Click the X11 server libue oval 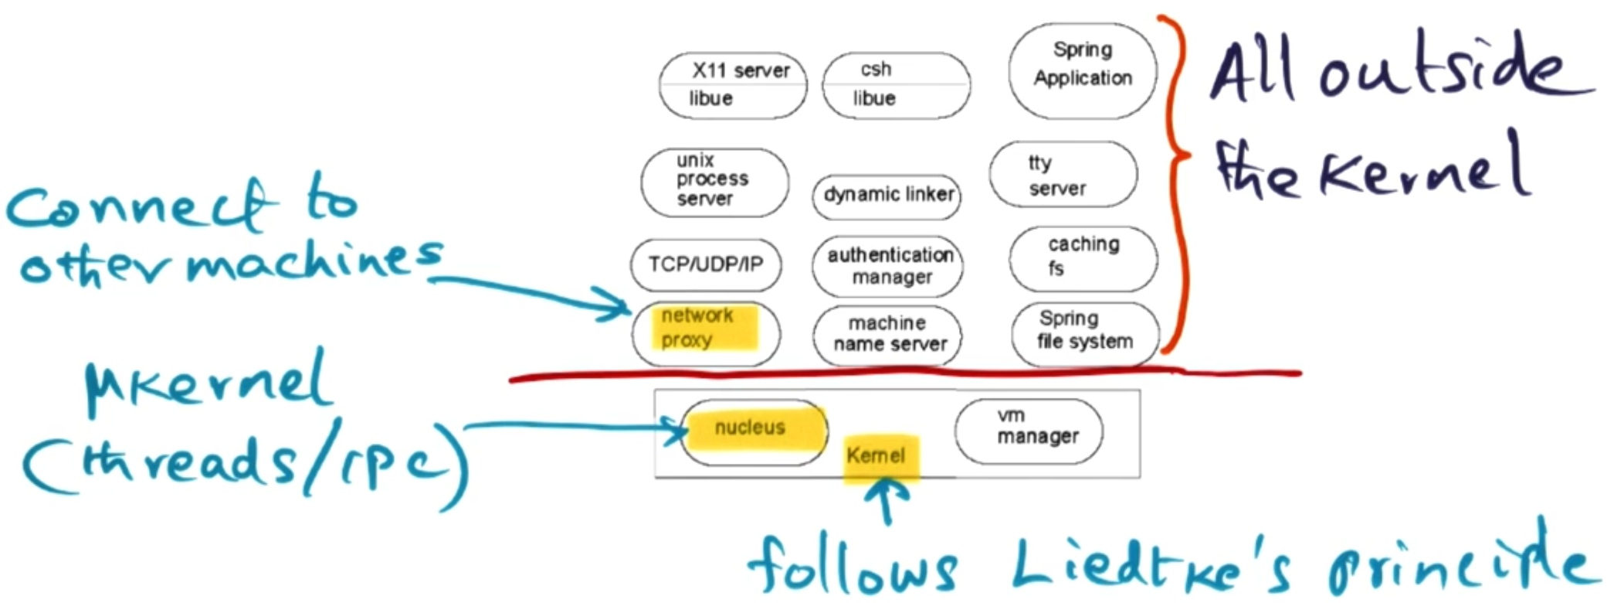(733, 85)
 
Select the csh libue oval (896, 85)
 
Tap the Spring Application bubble (1083, 70)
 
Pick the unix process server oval (714, 182)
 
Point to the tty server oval (1063, 175)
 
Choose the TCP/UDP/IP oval (705, 264)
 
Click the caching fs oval (1083, 257)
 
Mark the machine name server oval (887, 335)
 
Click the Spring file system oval (1085, 332)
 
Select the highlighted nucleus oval (753, 431)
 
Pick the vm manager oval (1029, 431)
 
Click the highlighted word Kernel (876, 455)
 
